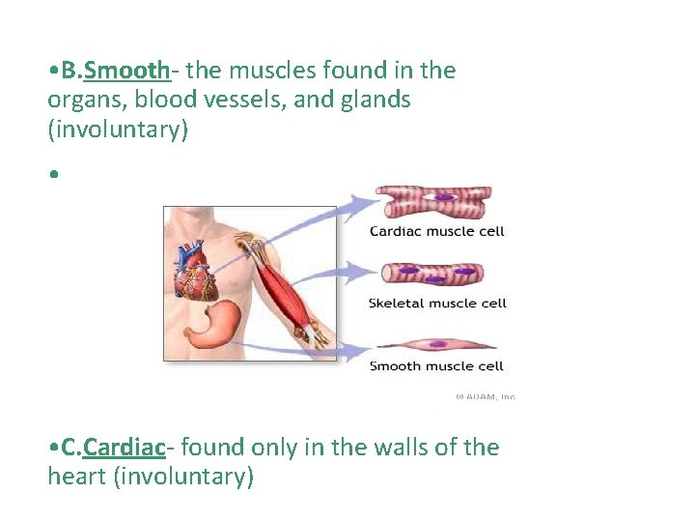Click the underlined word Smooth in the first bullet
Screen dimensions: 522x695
pos(127,71)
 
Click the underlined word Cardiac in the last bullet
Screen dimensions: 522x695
pos(125,448)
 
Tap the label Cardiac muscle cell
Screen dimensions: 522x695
pos(436,231)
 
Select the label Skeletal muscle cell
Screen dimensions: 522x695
pos(437,304)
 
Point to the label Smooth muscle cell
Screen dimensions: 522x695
pos(436,366)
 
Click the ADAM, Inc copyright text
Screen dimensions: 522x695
pos(485,396)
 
